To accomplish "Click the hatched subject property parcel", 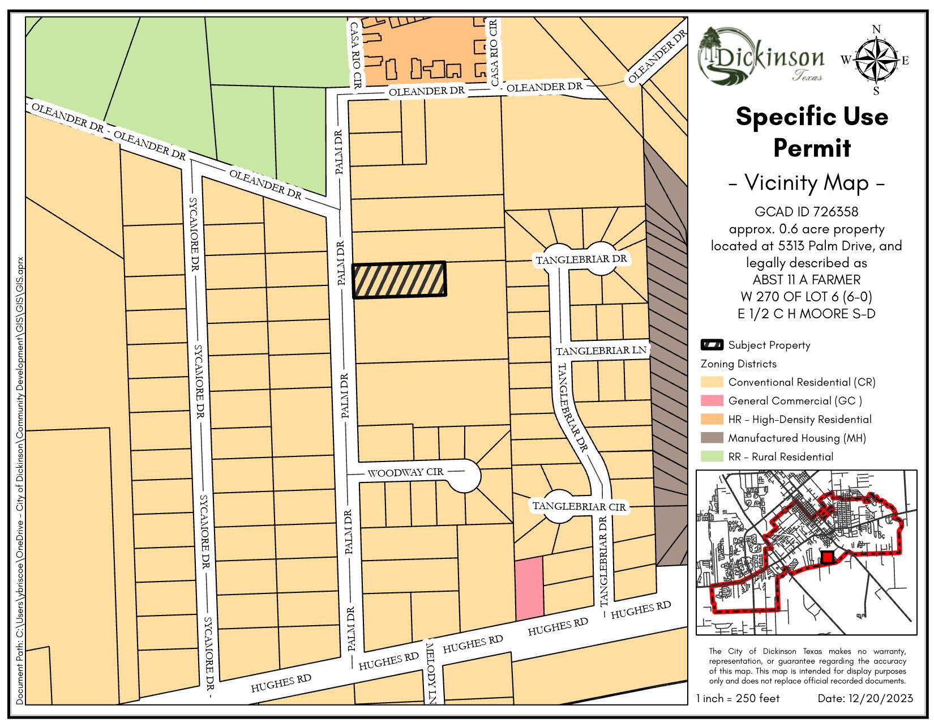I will coord(400,280).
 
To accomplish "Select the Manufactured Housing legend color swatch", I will coord(712,438).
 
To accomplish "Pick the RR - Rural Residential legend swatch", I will coord(712,456).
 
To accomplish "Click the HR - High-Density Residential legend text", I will coord(799,419).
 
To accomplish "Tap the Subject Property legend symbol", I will coord(712,345).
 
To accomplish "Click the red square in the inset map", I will coord(828,557).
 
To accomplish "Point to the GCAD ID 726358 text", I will coord(806,212).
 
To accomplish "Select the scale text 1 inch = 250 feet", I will coord(738,698).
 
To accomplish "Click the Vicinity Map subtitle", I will coord(806,183).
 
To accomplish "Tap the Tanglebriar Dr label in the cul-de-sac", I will coord(581,259).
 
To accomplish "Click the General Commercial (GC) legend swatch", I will coord(712,400).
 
